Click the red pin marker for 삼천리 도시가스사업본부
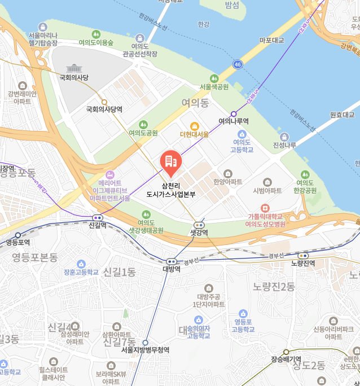coord(170,161)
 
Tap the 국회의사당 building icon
coord(74,68)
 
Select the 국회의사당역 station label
coord(104,109)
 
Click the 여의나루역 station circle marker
coord(234,113)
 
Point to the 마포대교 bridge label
coord(271,40)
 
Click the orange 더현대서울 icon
coord(194,125)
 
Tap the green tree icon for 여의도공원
coord(143,124)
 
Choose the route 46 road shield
coord(239,64)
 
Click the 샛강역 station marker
coord(199,225)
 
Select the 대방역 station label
coord(171,269)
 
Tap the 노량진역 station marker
coord(302,256)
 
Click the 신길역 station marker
coord(98,217)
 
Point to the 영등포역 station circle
coord(18,235)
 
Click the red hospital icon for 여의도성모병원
coord(265,208)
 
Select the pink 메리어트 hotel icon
coord(109,174)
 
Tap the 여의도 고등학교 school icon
coord(242,134)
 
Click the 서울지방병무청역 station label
coord(145,350)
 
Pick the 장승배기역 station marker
coord(286,352)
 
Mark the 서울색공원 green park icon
coord(214,78)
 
